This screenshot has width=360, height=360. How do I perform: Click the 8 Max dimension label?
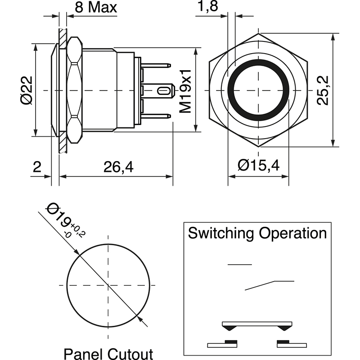(x=95, y=8)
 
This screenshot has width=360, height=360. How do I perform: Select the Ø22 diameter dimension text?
(x=27, y=90)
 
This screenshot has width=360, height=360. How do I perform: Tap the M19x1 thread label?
(x=185, y=91)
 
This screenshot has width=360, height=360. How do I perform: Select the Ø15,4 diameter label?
(x=259, y=166)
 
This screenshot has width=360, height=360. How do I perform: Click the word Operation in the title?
(x=293, y=234)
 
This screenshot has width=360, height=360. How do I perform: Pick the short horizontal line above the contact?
(x=240, y=265)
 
